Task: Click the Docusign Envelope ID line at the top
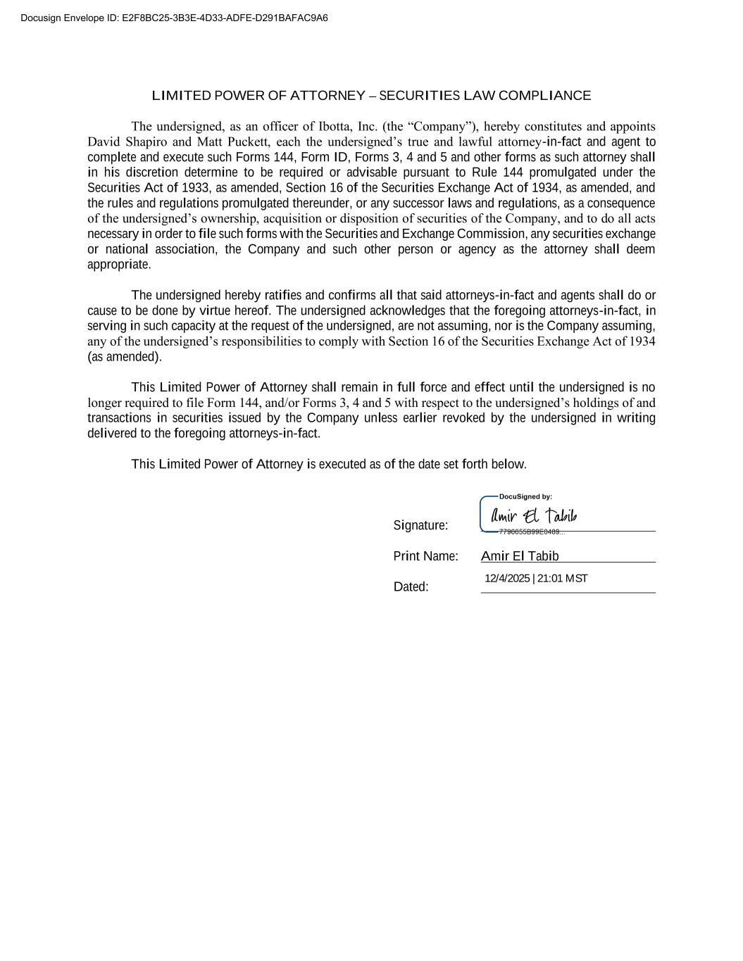[174, 18]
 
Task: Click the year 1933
[195, 188]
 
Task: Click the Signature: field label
[420, 525]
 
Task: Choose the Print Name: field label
[425, 556]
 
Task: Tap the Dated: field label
[411, 586]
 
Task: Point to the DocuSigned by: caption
[525, 497]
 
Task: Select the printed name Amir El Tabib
[520, 556]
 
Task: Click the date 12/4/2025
[507, 579]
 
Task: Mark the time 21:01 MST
[562, 579]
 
